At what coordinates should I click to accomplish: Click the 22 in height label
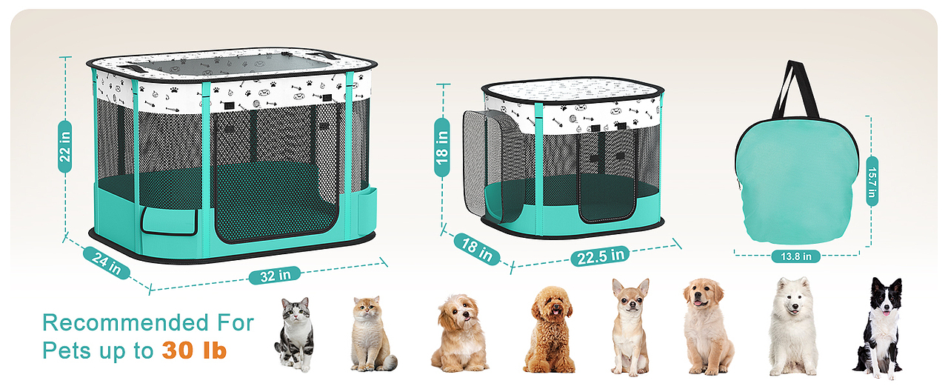click(x=64, y=147)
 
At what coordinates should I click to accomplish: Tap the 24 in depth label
click(x=107, y=262)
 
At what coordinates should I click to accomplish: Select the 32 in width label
click(x=275, y=276)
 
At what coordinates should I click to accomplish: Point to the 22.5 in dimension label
click(x=600, y=256)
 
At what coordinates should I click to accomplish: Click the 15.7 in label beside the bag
click(x=872, y=182)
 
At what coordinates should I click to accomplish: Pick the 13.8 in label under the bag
click(x=796, y=256)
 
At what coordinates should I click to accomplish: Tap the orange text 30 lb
click(x=194, y=350)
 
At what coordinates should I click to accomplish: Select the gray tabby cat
click(x=295, y=334)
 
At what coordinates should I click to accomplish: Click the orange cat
click(x=371, y=334)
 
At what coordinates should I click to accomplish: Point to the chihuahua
click(x=630, y=327)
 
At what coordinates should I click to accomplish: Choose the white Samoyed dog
click(x=792, y=326)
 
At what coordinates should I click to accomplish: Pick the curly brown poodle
click(x=550, y=330)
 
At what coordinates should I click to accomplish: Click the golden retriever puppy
click(x=707, y=327)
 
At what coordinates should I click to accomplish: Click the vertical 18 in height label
click(x=442, y=147)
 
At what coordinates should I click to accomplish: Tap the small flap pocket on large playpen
click(x=170, y=221)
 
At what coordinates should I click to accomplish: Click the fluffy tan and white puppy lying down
click(x=460, y=334)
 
